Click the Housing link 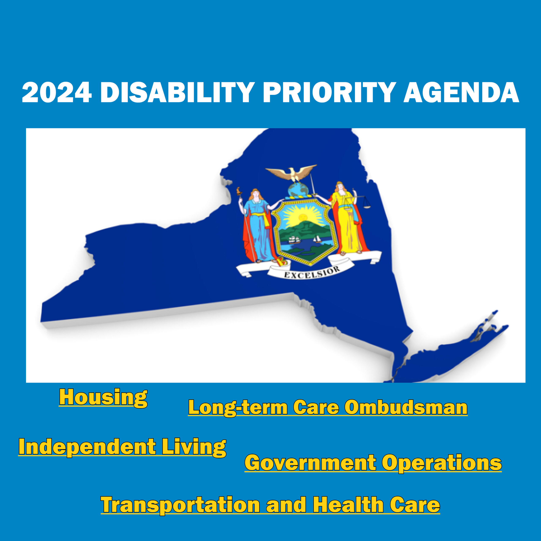tap(103, 398)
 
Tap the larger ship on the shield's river tap(294, 239)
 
